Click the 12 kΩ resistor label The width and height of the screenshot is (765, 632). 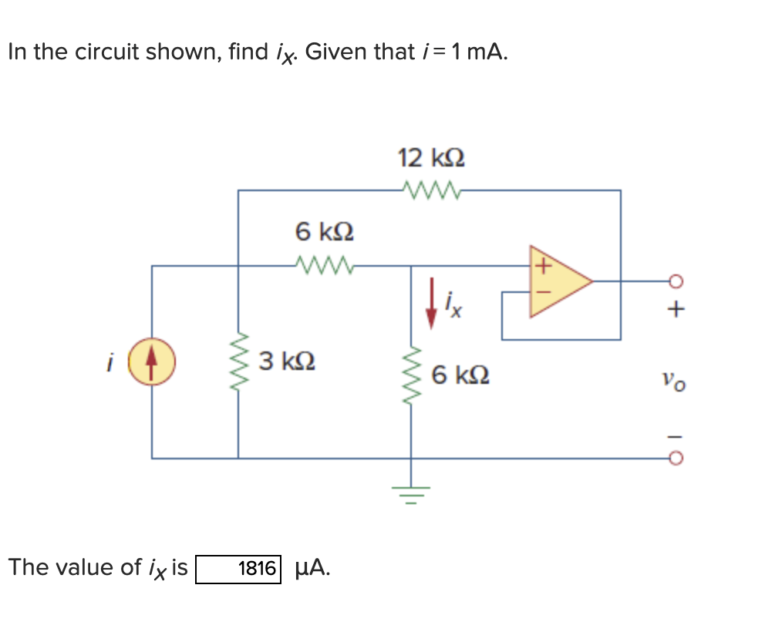pyautogui.click(x=431, y=158)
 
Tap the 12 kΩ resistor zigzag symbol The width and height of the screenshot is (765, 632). pyautogui.click(x=431, y=190)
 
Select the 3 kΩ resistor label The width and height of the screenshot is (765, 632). pyautogui.click(x=287, y=361)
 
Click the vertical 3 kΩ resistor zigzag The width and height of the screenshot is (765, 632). pyautogui.click(x=238, y=362)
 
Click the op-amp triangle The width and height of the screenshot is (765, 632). pyautogui.click(x=557, y=281)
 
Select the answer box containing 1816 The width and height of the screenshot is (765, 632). pyautogui.click(x=238, y=569)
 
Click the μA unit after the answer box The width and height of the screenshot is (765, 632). pyautogui.click(x=314, y=568)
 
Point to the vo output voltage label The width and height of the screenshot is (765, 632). pyautogui.click(x=672, y=380)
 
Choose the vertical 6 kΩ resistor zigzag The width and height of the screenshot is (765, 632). pyautogui.click(x=410, y=377)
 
